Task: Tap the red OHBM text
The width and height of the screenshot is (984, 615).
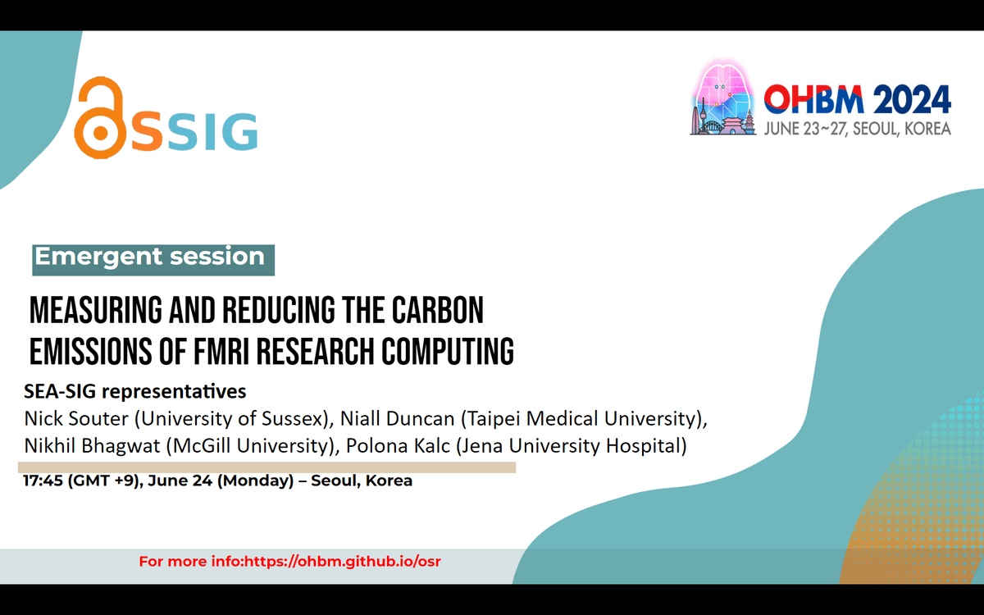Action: click(x=813, y=99)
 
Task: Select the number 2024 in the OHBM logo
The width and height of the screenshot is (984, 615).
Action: click(x=912, y=100)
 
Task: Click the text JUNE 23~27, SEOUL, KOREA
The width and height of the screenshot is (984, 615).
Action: click(x=858, y=129)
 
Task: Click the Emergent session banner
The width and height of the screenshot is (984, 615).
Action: click(x=153, y=260)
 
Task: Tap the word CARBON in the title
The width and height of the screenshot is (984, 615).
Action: click(x=438, y=310)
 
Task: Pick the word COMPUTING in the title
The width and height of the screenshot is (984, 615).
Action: click(x=448, y=352)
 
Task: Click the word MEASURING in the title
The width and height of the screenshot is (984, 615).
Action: click(x=96, y=310)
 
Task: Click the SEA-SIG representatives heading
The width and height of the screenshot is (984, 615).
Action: click(x=134, y=391)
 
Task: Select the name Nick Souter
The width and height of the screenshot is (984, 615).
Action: click(x=76, y=419)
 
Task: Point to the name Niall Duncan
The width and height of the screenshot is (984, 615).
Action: click(x=397, y=419)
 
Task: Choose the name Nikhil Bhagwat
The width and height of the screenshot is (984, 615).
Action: click(x=92, y=446)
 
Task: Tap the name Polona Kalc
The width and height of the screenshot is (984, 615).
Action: click(x=398, y=446)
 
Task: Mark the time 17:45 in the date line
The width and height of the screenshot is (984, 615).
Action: click(x=43, y=481)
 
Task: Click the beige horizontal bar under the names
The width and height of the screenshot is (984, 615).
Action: click(x=266, y=467)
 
